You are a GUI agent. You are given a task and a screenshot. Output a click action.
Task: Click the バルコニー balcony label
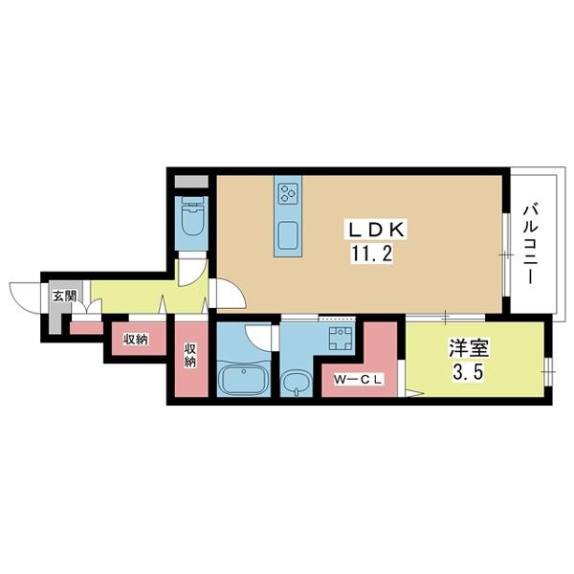(528, 245)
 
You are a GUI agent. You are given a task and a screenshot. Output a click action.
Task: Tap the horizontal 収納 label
(135, 339)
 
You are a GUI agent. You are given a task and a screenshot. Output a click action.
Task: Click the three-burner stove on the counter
(288, 194)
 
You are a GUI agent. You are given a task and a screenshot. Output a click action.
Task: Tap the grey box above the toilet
(191, 182)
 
